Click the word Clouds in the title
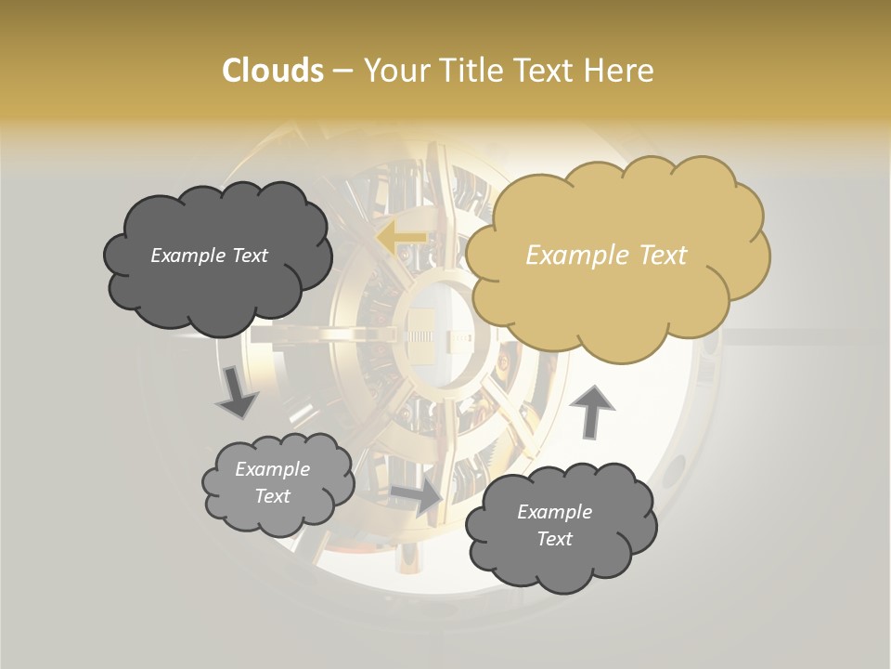pyautogui.click(x=272, y=71)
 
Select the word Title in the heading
pyautogui.click(x=474, y=71)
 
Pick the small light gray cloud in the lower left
pyautogui.click(x=278, y=483)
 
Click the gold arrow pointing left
pyautogui.click(x=402, y=238)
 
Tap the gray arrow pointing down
pyautogui.click(x=236, y=393)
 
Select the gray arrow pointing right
pyautogui.click(x=417, y=497)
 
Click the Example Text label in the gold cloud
pyautogui.click(x=606, y=256)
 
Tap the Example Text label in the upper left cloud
pyautogui.click(x=209, y=256)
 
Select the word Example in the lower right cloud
pyautogui.click(x=554, y=512)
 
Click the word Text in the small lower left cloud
pyautogui.click(x=273, y=496)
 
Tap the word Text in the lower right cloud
pyautogui.click(x=555, y=539)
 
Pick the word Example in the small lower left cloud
pyautogui.click(x=273, y=469)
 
